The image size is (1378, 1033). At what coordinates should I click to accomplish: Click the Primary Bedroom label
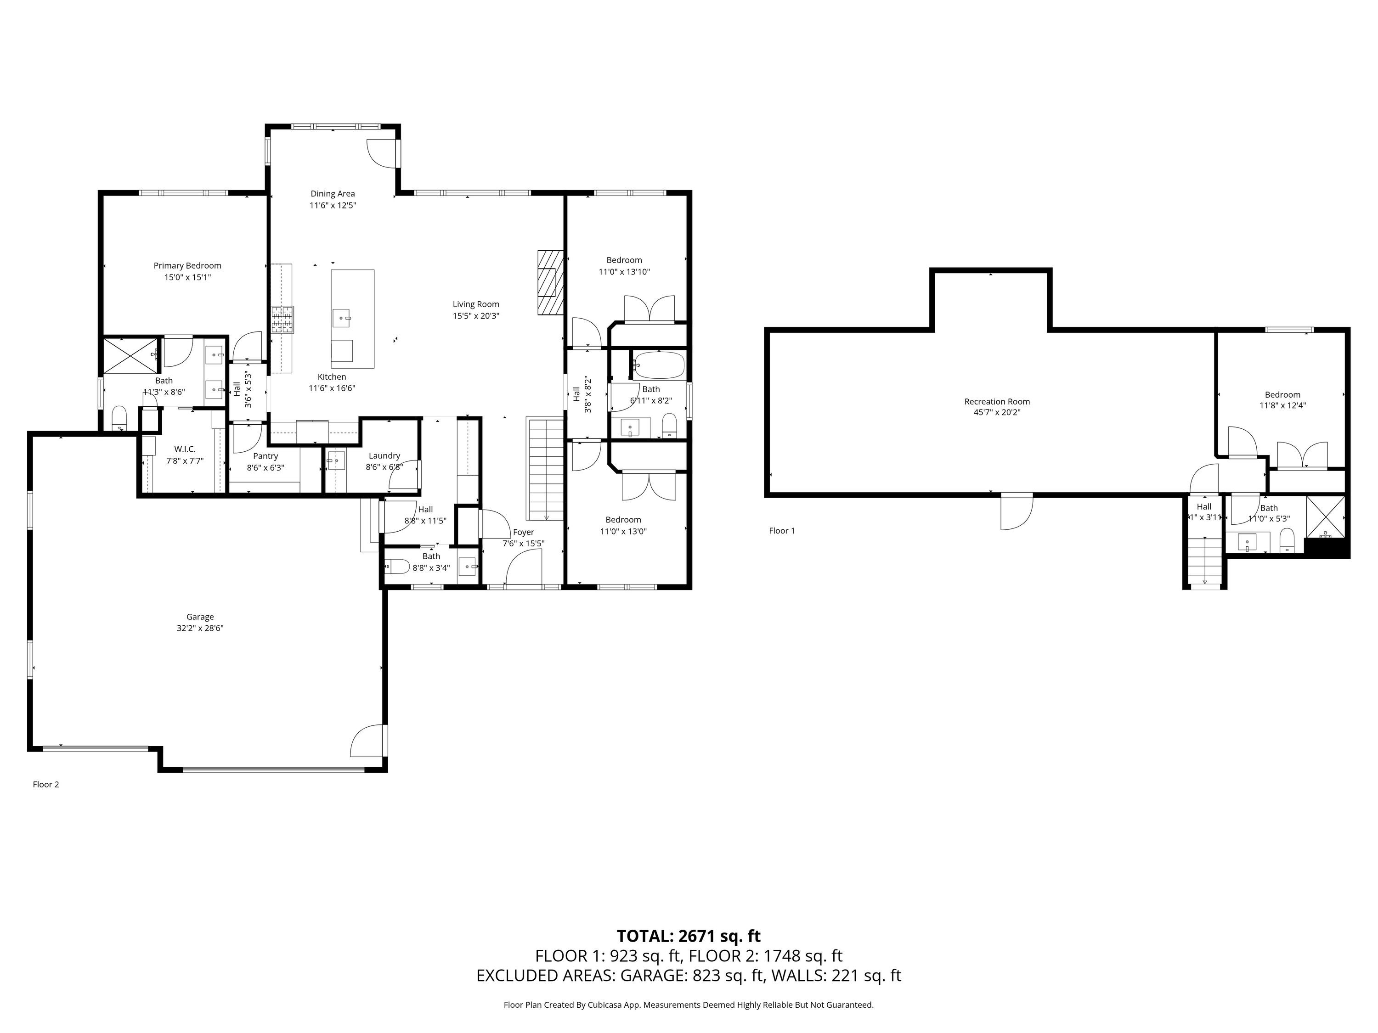click(187, 266)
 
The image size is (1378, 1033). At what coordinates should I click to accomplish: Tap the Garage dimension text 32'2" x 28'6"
click(200, 628)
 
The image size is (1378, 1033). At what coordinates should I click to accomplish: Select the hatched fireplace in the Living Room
click(551, 281)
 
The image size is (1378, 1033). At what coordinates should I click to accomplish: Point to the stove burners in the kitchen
click(282, 320)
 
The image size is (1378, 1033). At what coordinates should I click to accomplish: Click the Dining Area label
click(333, 194)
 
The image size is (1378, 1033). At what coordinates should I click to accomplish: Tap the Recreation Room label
click(997, 402)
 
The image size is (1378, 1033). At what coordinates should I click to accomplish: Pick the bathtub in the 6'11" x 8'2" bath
click(659, 365)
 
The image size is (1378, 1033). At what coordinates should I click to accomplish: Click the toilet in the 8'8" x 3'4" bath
click(397, 567)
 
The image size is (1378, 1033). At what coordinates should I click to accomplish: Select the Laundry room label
click(384, 456)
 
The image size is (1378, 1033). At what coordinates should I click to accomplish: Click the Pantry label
click(265, 456)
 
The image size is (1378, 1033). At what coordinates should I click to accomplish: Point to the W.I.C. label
click(185, 449)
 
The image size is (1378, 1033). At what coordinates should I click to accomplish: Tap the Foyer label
click(523, 533)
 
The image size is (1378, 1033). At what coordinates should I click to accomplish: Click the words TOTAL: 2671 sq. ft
click(689, 936)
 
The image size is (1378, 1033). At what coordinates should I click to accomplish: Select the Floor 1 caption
click(782, 531)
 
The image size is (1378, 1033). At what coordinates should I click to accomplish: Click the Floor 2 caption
click(46, 785)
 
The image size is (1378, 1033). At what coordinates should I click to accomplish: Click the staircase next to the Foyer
click(546, 469)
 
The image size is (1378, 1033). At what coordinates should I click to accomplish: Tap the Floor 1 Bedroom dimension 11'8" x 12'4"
click(1282, 405)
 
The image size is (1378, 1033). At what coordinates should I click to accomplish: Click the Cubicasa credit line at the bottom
click(689, 1005)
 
